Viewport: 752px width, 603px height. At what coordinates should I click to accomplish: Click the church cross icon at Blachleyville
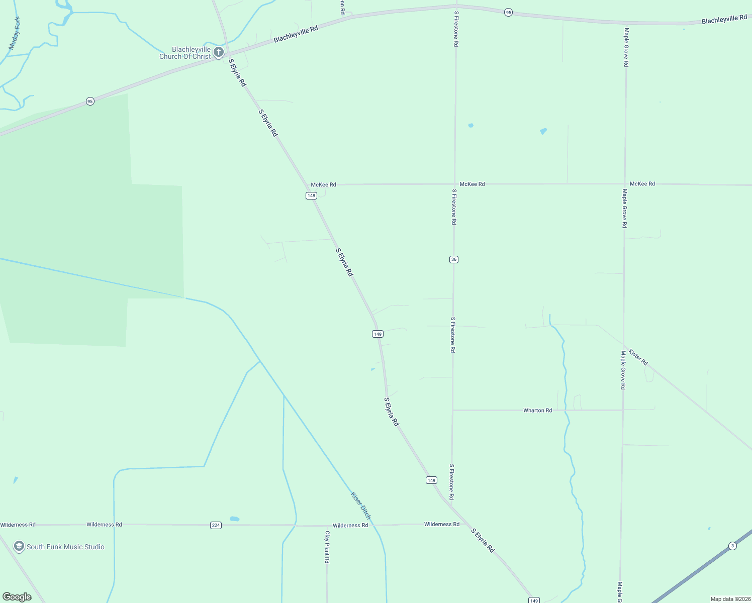pos(219,52)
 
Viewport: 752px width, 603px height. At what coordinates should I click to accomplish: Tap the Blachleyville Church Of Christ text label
pos(185,53)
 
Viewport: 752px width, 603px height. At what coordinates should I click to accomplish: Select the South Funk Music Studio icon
pos(19,547)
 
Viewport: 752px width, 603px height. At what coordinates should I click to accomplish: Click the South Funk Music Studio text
pos(65,547)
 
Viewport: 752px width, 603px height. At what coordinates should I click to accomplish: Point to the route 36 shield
pos(454,259)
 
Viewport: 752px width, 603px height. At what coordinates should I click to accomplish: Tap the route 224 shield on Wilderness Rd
pos(216,525)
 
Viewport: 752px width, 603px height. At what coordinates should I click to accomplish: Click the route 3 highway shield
pos(732,546)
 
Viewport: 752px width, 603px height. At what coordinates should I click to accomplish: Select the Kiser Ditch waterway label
pos(361,506)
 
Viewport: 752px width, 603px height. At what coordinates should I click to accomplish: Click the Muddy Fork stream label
pos(15,33)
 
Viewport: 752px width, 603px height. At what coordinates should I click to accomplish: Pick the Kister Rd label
pos(638,357)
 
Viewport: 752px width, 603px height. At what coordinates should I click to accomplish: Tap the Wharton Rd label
pos(537,411)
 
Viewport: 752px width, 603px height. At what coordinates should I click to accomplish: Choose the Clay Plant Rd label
pos(327,547)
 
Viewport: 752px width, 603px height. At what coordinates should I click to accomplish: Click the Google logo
pos(17,597)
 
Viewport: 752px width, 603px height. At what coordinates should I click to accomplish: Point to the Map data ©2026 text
pos(730,599)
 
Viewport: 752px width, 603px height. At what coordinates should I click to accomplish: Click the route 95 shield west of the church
pos(90,102)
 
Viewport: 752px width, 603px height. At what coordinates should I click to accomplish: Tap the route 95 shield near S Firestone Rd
pos(508,13)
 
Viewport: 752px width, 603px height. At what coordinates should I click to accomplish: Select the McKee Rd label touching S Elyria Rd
pos(323,185)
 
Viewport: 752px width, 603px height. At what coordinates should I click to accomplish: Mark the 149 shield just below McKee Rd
pos(311,195)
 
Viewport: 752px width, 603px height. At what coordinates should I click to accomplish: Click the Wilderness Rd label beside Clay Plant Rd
pos(350,525)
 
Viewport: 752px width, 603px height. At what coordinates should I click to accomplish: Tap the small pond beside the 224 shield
pos(234,519)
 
